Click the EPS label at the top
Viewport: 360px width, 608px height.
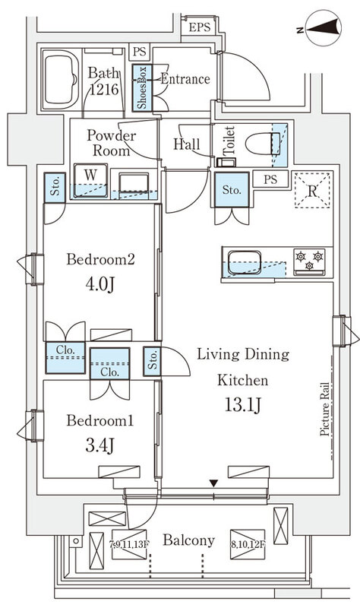click(x=200, y=27)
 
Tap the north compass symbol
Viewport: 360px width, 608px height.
click(x=323, y=28)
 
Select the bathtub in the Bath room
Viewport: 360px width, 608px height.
click(x=60, y=80)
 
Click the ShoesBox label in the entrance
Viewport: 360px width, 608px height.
click(x=142, y=88)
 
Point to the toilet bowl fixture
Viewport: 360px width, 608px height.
click(x=263, y=144)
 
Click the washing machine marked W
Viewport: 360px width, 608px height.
click(x=90, y=180)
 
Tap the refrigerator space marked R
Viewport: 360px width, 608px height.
click(x=312, y=190)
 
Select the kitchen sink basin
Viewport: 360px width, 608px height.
click(x=245, y=262)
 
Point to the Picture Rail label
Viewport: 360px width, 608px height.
click(x=325, y=410)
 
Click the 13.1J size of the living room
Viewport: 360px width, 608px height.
click(x=242, y=405)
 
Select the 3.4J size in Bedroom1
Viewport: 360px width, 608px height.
click(x=99, y=446)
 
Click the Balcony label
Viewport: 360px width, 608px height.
click(x=188, y=540)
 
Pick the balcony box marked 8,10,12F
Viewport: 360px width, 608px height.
click(x=248, y=544)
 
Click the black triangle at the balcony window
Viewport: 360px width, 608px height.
click(x=213, y=483)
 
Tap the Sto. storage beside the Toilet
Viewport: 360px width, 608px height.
click(x=232, y=189)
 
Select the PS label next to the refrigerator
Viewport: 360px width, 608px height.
click(x=271, y=179)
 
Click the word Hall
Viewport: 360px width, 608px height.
click(x=186, y=144)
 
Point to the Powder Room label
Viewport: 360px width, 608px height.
click(x=111, y=143)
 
